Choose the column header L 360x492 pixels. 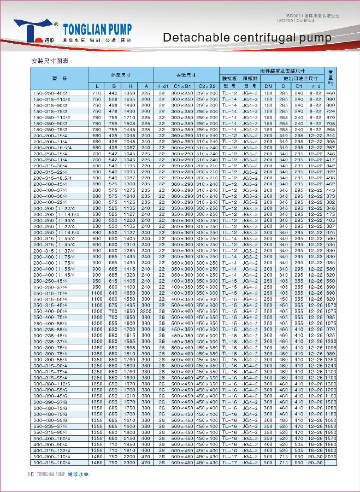(x=97, y=86)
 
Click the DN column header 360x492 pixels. (x=268, y=86)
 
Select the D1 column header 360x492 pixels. (x=299, y=86)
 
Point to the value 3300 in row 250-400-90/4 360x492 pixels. (x=146, y=310)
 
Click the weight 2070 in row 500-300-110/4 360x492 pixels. (x=330, y=457)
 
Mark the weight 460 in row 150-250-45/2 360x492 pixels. (x=330, y=93)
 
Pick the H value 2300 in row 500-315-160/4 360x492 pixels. (x=130, y=462)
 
